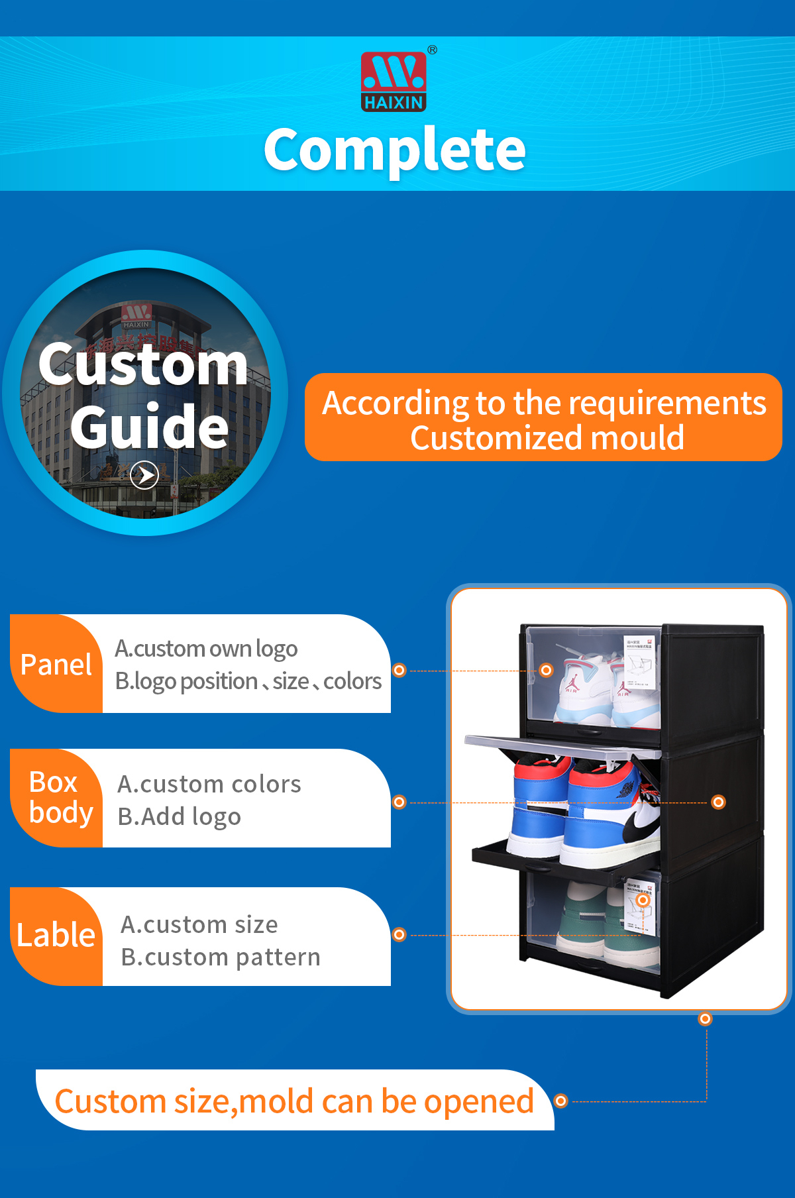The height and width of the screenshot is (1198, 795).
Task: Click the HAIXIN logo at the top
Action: [394, 82]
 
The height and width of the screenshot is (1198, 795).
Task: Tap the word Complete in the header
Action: [395, 150]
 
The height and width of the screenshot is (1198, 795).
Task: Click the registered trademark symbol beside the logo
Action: [432, 50]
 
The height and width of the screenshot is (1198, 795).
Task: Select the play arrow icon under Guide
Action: [144, 474]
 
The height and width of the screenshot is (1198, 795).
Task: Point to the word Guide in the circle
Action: [150, 427]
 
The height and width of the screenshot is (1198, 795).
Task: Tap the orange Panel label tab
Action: [56, 665]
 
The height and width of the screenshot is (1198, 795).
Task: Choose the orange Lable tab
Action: [56, 936]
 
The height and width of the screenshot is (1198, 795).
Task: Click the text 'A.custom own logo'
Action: [206, 649]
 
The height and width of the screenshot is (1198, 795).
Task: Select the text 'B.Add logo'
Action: [179, 817]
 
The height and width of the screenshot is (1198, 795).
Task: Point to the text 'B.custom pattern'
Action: [221, 957]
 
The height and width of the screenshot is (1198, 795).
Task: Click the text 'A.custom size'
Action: [199, 924]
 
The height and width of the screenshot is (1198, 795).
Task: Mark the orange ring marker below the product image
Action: [706, 1018]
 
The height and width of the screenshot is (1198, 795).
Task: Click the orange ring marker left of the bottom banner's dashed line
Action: [560, 1101]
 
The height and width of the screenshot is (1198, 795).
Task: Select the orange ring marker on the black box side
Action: [718, 802]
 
